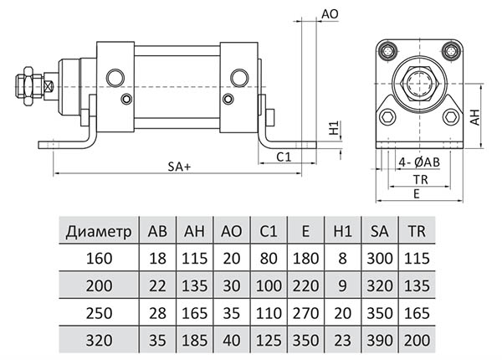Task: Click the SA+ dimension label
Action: tap(179, 167)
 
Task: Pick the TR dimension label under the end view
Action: tap(416, 179)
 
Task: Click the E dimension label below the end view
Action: tap(416, 193)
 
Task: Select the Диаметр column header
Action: tap(100, 230)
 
